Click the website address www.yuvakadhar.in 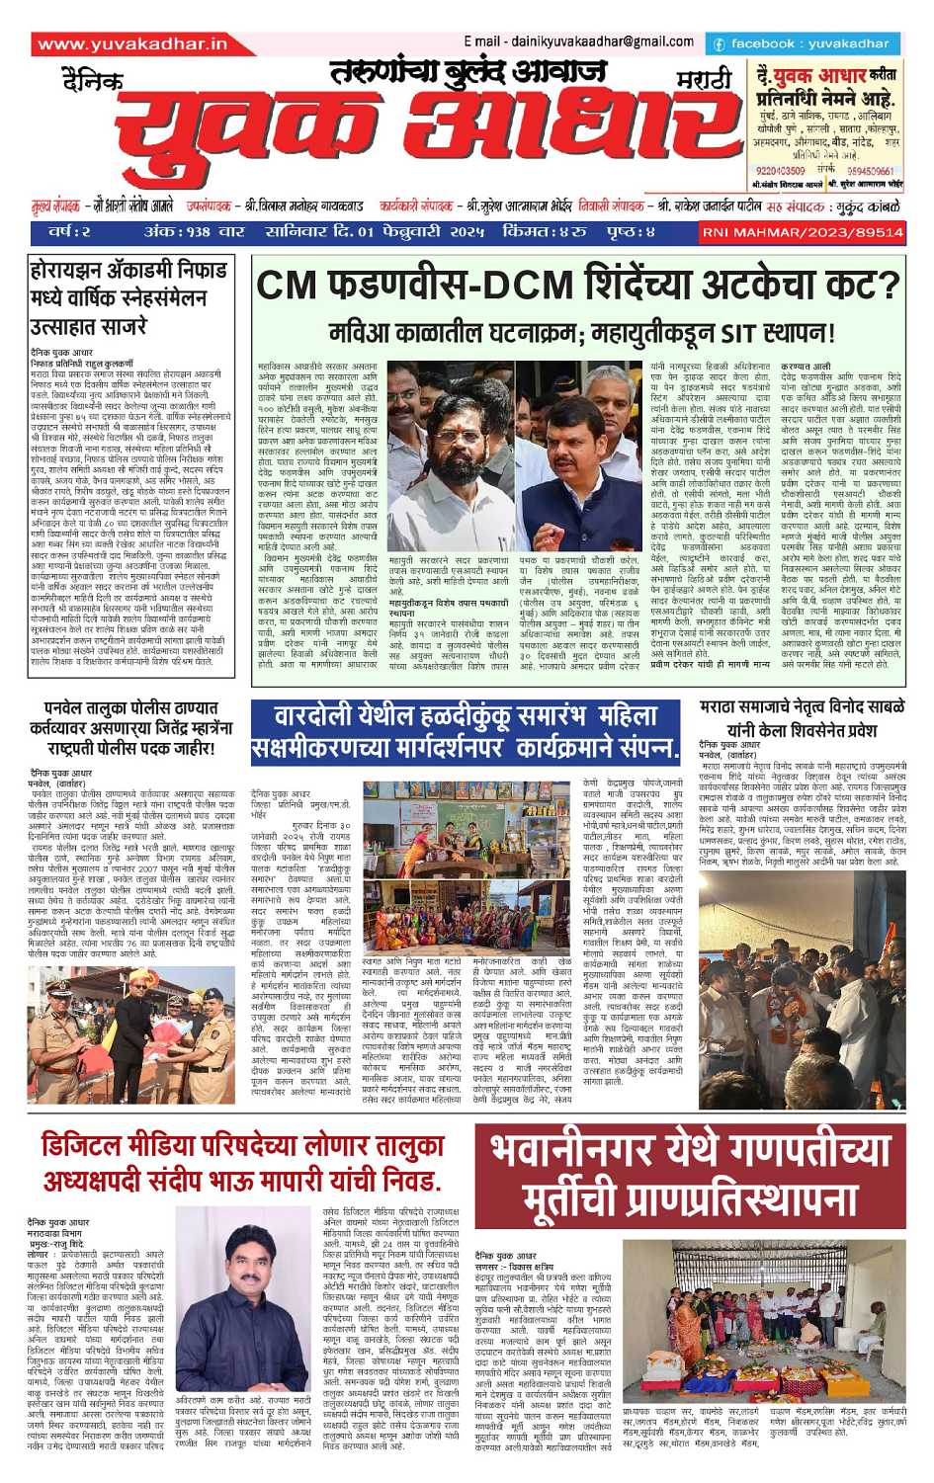click(132, 44)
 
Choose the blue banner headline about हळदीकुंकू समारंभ click(466, 732)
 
